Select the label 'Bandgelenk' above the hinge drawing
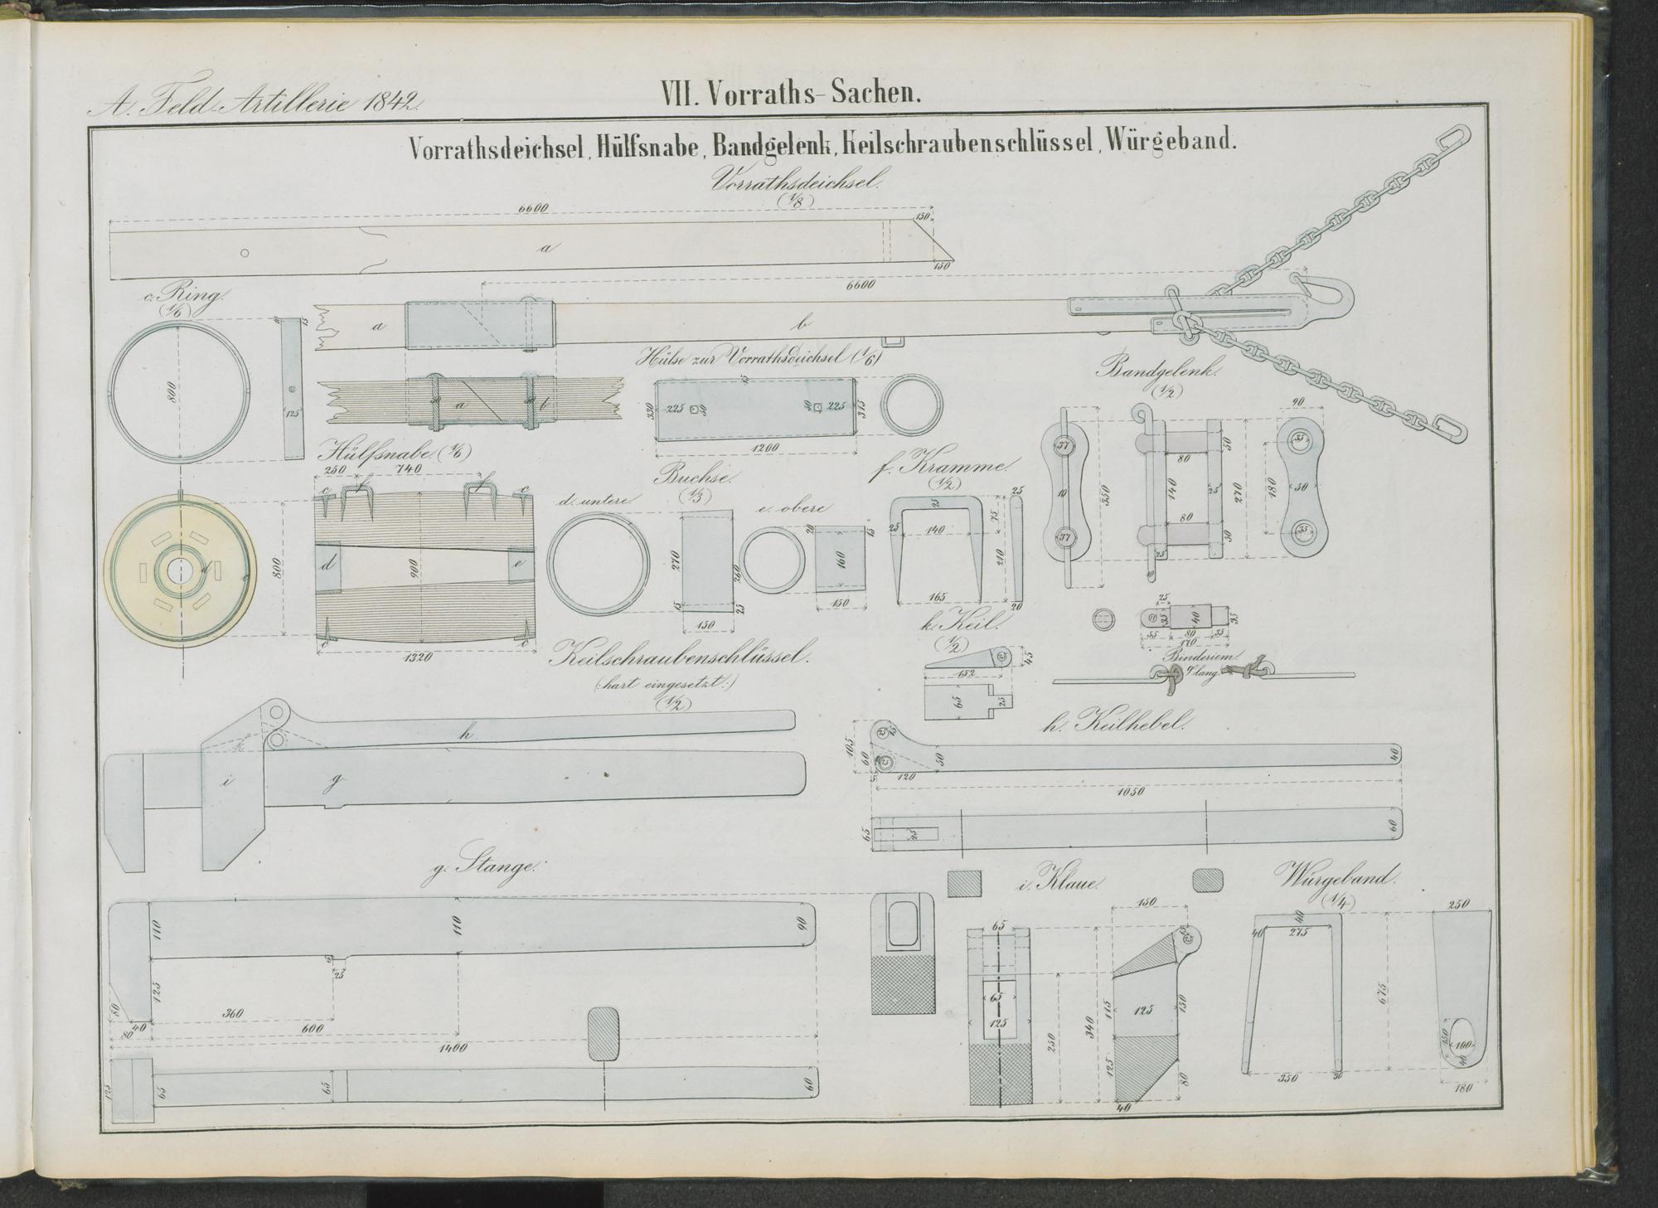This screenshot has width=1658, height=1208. (1157, 371)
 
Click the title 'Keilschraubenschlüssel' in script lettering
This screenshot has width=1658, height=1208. (680, 657)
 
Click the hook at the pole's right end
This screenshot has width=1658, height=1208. (1330, 296)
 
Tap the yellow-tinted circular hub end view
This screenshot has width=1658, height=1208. (179, 570)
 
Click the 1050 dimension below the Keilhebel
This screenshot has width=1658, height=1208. (1131, 791)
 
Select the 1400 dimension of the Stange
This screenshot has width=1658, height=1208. (453, 1047)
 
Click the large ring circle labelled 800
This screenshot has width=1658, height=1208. (179, 389)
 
